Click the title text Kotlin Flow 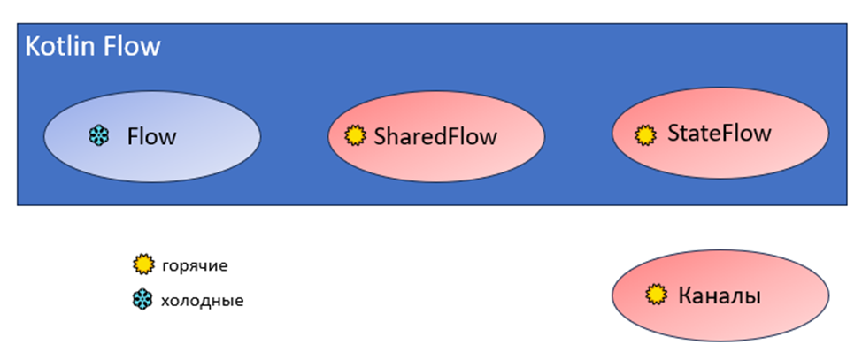click(93, 47)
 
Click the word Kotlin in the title click(61, 47)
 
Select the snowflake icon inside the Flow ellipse click(98, 136)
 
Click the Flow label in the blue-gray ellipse click(151, 136)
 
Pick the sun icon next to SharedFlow click(355, 136)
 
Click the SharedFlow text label click(435, 136)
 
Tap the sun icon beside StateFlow click(646, 134)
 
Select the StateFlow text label click(719, 134)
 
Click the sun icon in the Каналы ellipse click(656, 295)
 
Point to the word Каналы click(719, 295)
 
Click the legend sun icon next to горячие click(142, 264)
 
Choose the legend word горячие click(195, 264)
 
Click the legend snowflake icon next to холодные click(142, 300)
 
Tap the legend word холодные click(202, 301)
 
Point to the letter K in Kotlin click(33, 47)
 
